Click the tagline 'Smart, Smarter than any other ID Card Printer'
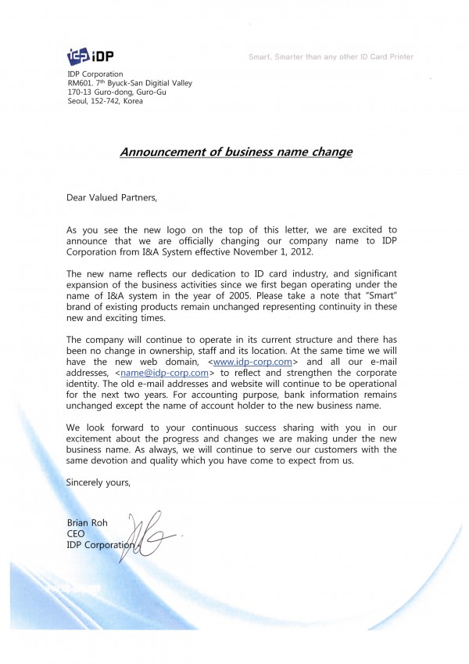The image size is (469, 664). [x=331, y=56]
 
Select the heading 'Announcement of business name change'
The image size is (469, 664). [x=235, y=152]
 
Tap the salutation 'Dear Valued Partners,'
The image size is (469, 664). [x=112, y=198]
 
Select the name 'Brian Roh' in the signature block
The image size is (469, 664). [x=88, y=523]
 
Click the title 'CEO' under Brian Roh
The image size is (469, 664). [x=76, y=534]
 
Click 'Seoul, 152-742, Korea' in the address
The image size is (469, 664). [x=110, y=101]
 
